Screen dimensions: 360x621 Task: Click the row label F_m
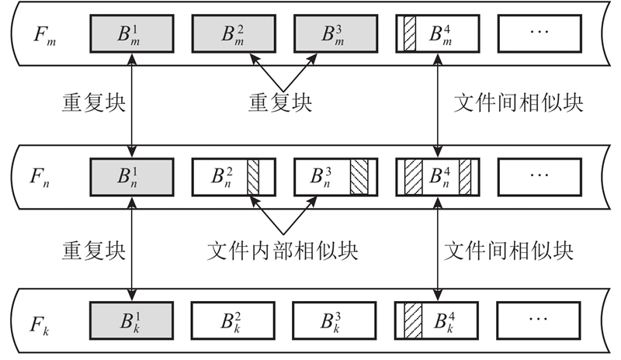pyautogui.click(x=40, y=34)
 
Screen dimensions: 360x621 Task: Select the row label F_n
pyautogui.click(x=40, y=177)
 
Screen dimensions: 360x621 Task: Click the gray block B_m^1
pyautogui.click(x=133, y=34)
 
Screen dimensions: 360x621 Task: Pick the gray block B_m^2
pyautogui.click(x=234, y=34)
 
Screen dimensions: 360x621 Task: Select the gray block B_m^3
pyautogui.click(x=336, y=34)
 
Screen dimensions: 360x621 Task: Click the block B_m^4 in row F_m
pyautogui.click(x=438, y=34)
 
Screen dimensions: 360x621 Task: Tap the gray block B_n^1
pyautogui.click(x=133, y=177)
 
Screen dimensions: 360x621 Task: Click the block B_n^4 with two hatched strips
pyautogui.click(x=438, y=177)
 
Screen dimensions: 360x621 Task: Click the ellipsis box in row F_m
pyautogui.click(x=539, y=34)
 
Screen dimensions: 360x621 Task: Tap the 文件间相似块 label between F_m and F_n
pyautogui.click(x=518, y=102)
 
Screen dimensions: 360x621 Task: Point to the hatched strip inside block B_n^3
pyautogui.click(x=359, y=177)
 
